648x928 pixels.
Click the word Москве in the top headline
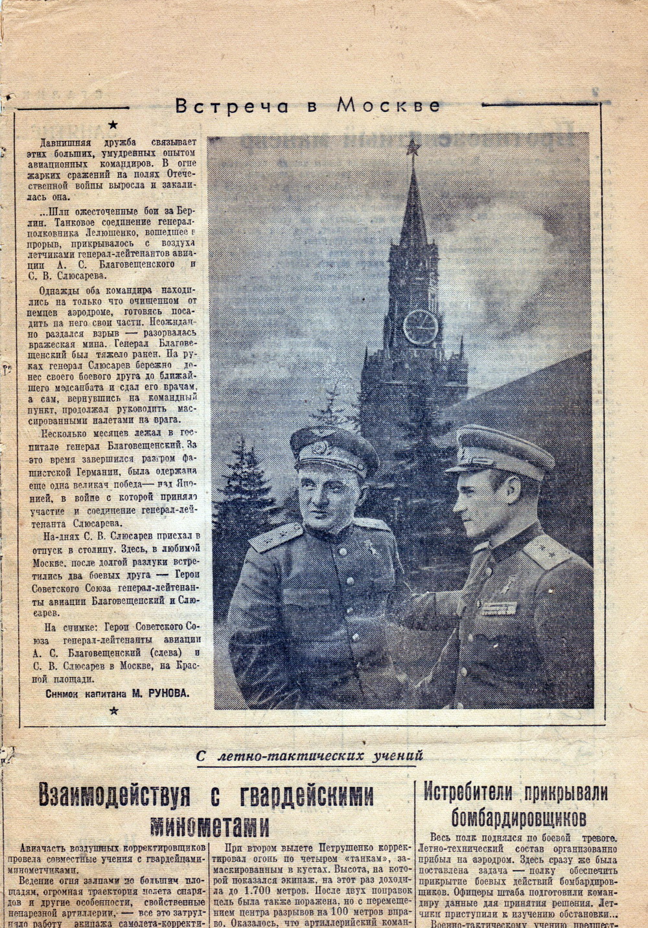pos(388,106)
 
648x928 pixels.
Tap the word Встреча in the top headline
pos(232,106)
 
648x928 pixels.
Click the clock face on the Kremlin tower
pos(420,326)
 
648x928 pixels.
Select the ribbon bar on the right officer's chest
pos(498,608)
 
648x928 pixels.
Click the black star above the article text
pos(114,124)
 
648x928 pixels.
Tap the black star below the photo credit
pos(114,711)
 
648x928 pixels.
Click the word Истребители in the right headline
pos(472,792)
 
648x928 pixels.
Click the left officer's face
pos(329,493)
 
